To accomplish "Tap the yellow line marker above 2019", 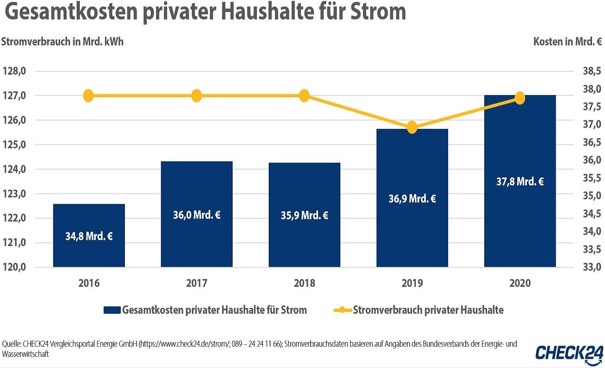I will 412,127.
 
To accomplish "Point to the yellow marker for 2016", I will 89,96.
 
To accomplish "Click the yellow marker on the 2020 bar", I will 520,98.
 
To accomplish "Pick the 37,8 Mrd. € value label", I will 520,182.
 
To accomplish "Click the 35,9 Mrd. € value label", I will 304,216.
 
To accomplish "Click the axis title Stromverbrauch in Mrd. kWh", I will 63,41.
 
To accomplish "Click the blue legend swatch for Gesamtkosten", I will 111,310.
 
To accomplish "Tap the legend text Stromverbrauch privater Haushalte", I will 428,310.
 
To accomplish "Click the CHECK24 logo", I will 569,353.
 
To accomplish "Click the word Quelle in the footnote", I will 13,344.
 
